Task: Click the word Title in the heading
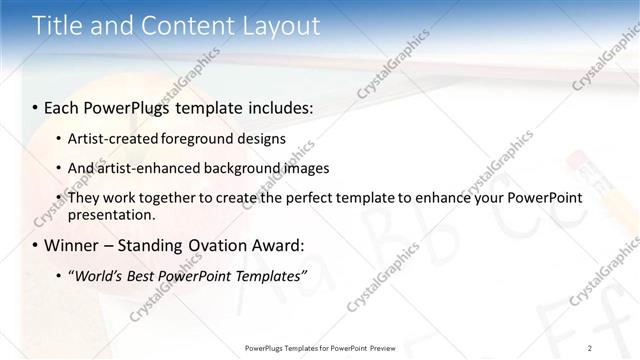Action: [x=58, y=26]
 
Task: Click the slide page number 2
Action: [x=590, y=347]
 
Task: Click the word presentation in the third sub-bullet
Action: [x=110, y=215]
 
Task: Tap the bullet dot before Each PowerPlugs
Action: [x=36, y=106]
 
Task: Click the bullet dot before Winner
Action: [x=36, y=245]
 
